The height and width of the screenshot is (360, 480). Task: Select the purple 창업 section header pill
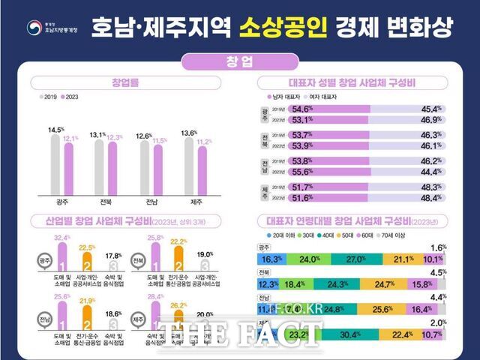tap(239, 61)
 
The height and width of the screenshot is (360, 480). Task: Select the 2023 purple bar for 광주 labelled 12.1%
tap(70, 172)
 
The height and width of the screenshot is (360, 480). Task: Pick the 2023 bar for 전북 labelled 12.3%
tap(112, 172)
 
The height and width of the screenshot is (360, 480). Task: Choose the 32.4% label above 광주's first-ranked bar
tap(63, 238)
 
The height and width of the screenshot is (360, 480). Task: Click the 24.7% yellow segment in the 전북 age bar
tap(383, 285)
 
